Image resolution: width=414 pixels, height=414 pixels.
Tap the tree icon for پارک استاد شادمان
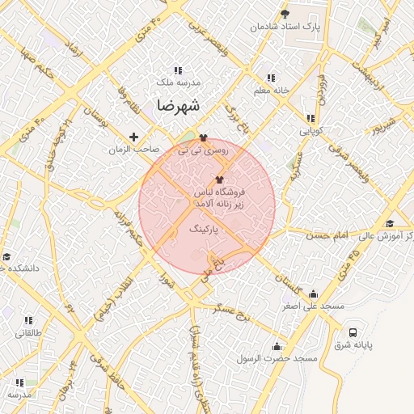[x=284, y=14]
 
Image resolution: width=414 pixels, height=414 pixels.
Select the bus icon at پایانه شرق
[x=353, y=332]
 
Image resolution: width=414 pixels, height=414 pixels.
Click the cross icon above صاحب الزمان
[x=134, y=137]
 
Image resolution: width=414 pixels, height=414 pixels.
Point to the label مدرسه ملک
[x=177, y=82]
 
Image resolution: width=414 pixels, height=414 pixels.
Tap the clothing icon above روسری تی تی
[x=203, y=137]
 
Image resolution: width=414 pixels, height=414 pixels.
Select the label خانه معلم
[x=272, y=90]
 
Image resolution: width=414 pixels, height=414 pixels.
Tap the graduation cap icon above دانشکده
[x=6, y=256]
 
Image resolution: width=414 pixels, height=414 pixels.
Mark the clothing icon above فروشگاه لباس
[x=219, y=180]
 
